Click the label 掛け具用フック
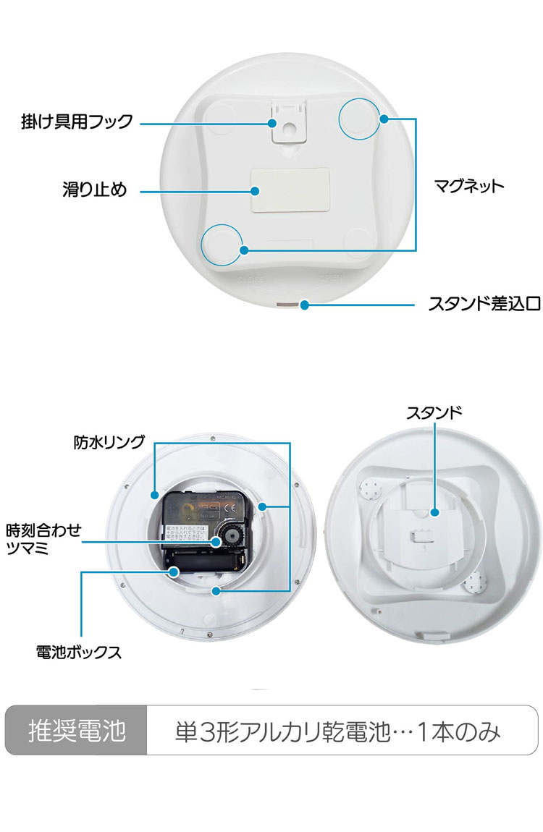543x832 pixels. [77, 122]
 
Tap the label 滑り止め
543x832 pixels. [94, 190]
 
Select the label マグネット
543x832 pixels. [468, 186]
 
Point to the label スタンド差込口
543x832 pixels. [484, 305]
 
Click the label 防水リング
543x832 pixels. [109, 441]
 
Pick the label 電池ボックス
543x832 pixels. [79, 652]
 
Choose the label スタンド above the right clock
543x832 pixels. [434, 413]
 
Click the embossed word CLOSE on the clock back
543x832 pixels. [252, 279]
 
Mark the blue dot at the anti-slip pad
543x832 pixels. [256, 191]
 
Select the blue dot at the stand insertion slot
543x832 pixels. [305, 305]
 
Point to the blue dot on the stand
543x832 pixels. [434, 512]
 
